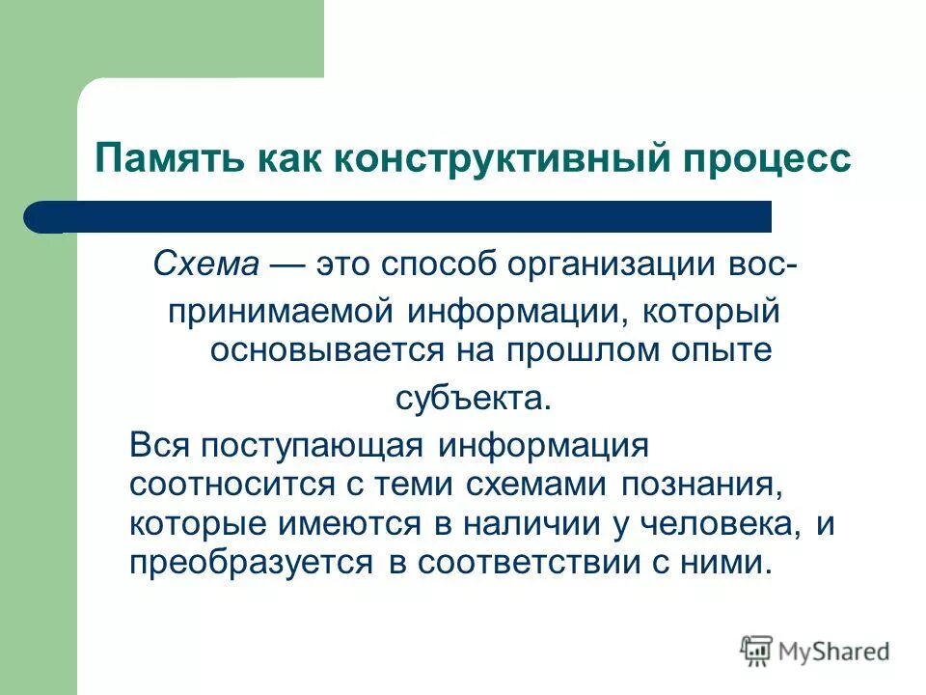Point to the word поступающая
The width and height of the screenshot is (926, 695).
coord(308,447)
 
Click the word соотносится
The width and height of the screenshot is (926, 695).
coord(210,486)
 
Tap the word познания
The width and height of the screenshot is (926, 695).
coord(701,486)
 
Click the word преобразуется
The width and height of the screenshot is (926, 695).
coord(250,563)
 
